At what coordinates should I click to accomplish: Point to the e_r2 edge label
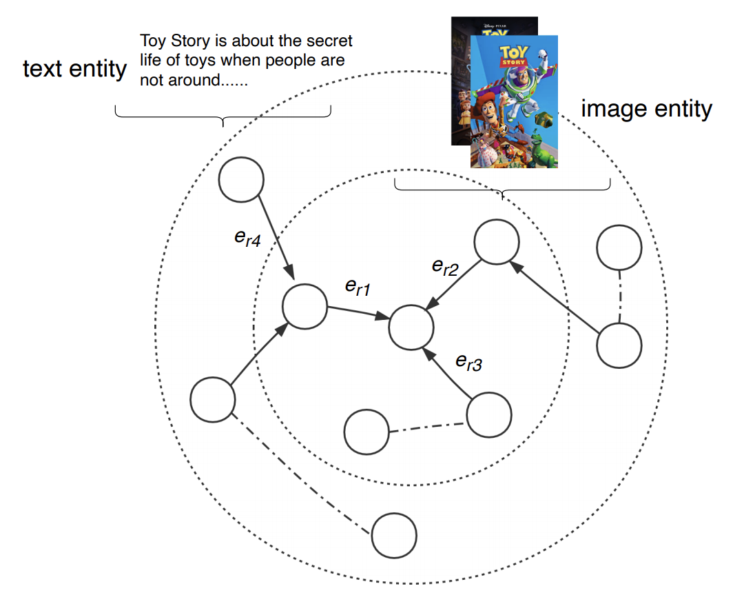[x=445, y=268]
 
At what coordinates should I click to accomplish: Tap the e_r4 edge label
[x=248, y=241]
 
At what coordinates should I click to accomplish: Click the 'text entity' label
[x=75, y=69]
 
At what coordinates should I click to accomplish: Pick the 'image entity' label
[x=646, y=109]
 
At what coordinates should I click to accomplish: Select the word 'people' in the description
[x=280, y=61]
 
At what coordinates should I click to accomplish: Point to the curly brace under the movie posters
[x=502, y=189]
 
